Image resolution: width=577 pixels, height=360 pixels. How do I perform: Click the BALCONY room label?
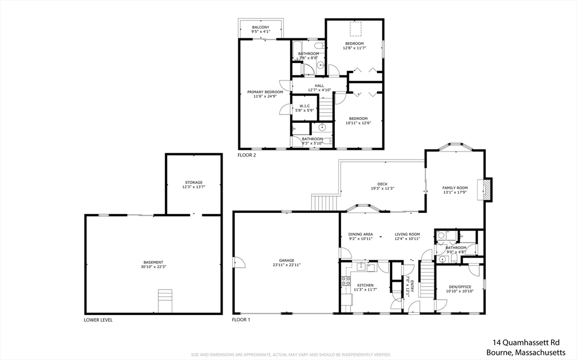(260, 28)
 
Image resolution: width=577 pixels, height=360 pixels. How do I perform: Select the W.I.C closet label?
(304, 106)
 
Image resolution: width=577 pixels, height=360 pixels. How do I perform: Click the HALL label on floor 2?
(319, 86)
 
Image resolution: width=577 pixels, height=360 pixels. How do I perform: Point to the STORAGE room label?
(193, 183)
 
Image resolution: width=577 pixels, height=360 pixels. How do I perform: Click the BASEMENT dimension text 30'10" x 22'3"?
(153, 267)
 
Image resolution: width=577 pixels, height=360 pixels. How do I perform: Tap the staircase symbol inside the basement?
(164, 301)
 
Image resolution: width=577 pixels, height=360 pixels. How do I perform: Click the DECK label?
(382, 184)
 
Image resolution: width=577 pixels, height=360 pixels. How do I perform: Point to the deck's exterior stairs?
(325, 202)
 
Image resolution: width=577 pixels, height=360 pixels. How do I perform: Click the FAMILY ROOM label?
(455, 188)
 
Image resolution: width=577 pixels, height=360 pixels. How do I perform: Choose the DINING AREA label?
(361, 234)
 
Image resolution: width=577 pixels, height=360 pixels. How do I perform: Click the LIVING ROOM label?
(407, 234)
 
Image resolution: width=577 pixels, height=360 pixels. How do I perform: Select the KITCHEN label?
(365, 286)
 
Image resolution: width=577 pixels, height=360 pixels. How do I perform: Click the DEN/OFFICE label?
(459, 287)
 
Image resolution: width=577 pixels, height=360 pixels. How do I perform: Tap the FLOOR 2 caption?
(247, 155)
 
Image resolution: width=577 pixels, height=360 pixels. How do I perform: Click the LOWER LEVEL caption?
(98, 320)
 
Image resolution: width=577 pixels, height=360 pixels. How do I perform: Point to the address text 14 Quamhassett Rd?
(526, 342)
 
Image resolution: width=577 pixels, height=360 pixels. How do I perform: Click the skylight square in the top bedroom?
(354, 28)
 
